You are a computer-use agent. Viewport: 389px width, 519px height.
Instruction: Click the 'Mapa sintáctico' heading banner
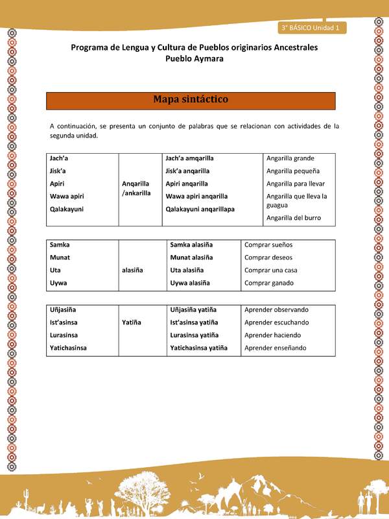[191, 101]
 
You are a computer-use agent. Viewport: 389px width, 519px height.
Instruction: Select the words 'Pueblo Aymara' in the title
[194, 58]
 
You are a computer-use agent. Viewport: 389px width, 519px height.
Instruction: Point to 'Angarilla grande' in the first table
[290, 158]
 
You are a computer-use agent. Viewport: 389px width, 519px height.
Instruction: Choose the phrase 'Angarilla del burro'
[294, 218]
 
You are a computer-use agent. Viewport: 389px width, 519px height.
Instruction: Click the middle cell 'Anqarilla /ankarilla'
[136, 188]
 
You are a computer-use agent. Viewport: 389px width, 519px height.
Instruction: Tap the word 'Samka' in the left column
[60, 245]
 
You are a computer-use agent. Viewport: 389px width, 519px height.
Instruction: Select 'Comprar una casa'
[270, 270]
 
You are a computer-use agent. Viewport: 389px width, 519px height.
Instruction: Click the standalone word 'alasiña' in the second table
[132, 270]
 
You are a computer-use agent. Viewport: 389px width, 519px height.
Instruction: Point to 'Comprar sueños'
[268, 245]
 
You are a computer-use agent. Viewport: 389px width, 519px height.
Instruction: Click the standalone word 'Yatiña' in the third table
[132, 322]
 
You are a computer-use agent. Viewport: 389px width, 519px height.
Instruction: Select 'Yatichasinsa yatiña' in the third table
[198, 348]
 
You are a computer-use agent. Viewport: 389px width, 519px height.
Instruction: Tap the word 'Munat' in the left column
[60, 258]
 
